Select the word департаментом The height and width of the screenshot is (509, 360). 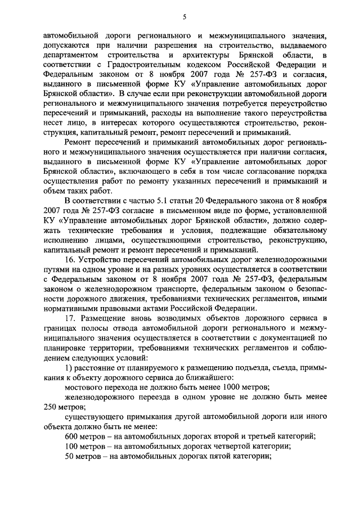pyautogui.click(x=71, y=55)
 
